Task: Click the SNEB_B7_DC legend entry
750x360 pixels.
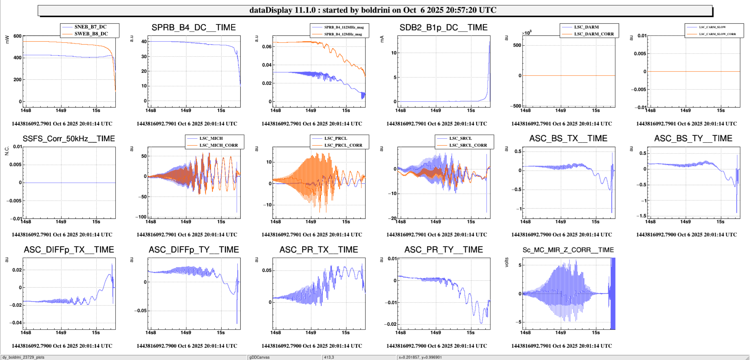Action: point(90,27)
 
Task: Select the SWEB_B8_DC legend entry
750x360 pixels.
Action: point(91,34)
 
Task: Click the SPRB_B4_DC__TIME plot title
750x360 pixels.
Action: point(193,28)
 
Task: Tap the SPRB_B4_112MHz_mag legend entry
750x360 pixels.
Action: point(344,27)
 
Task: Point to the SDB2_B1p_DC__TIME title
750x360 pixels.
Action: point(443,28)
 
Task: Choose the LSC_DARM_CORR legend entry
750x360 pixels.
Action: point(594,34)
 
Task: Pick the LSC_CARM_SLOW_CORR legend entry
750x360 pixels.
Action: point(717,34)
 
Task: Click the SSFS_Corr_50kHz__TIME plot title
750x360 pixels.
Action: point(69,139)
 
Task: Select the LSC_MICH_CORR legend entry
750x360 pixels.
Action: point(219,145)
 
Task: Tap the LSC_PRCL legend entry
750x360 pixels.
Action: point(336,138)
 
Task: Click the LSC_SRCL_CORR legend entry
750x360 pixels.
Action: point(468,145)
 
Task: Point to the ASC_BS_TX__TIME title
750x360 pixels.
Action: point(568,139)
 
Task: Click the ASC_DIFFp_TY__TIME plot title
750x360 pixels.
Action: point(194,250)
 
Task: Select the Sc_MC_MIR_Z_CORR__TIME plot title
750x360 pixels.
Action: point(568,250)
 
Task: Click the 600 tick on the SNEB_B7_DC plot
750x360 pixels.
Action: point(18,36)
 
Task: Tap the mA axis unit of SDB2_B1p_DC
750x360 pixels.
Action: point(382,39)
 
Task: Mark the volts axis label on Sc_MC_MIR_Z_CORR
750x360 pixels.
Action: point(507,262)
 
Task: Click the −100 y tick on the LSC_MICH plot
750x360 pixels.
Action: point(141,217)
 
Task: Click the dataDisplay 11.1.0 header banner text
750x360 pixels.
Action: point(373,10)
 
